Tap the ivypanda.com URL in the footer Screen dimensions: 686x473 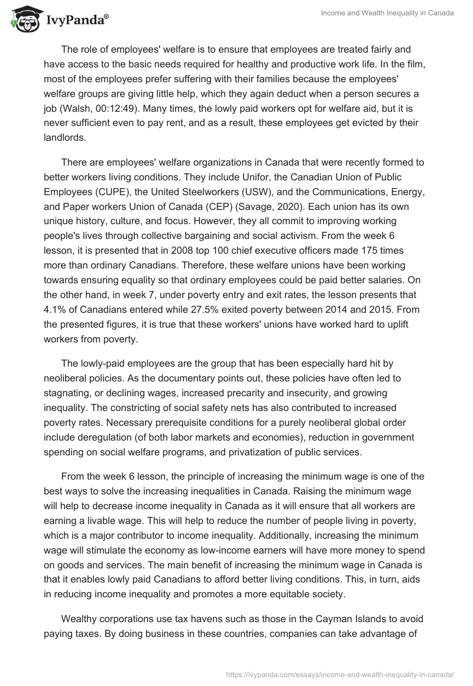(x=340, y=674)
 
